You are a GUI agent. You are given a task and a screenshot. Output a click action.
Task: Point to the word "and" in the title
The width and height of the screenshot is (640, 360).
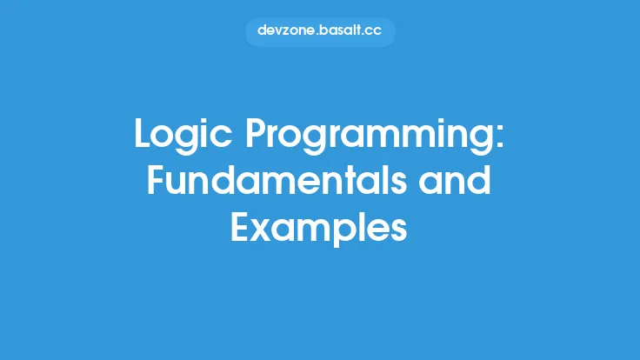pos(458,182)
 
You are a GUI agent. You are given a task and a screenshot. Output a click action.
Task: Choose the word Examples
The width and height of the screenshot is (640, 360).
pos(319,227)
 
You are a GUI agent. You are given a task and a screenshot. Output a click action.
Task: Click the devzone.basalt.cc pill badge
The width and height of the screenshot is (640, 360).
pos(320,31)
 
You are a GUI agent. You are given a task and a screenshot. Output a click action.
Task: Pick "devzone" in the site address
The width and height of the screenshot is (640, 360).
pos(283,31)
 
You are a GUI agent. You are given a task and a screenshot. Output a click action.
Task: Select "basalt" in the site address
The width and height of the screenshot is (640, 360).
pos(339,31)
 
